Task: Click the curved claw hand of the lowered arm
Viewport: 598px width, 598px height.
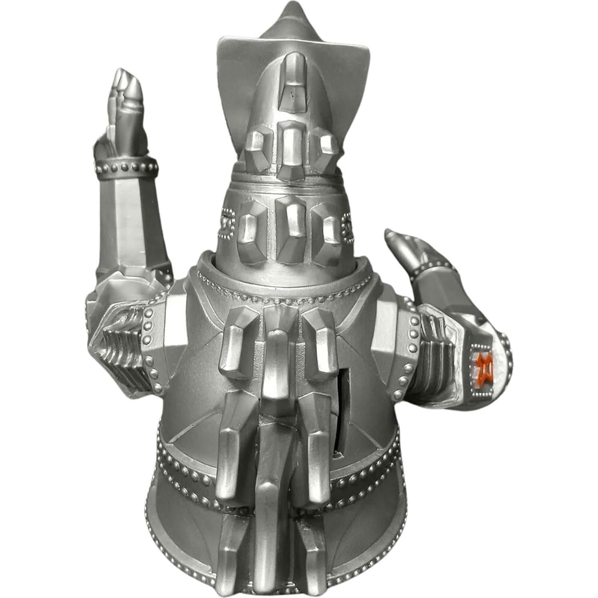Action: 403,244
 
